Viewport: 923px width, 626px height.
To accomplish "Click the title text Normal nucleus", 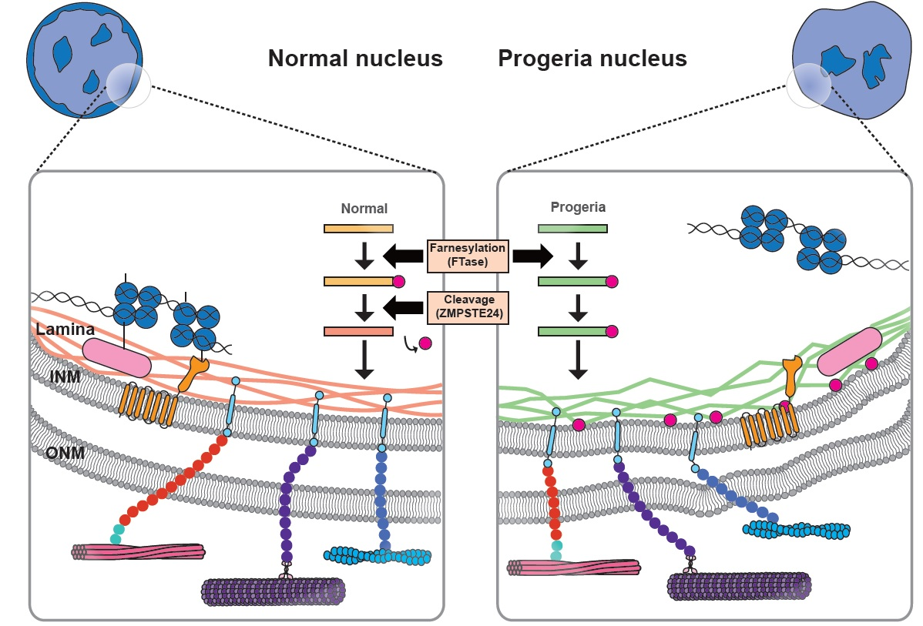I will [355, 59].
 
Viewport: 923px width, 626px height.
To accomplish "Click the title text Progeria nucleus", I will [592, 59].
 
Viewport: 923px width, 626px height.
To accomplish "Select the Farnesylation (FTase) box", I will [468, 256].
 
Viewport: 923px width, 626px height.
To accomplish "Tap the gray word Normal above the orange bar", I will [364, 209].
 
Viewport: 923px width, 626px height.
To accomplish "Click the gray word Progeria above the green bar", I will [578, 208].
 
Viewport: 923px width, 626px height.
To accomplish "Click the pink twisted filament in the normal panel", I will [139, 551].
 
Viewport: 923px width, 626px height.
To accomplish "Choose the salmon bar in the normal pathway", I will [358, 332].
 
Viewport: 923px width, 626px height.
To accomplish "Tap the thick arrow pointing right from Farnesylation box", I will [532, 256].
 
